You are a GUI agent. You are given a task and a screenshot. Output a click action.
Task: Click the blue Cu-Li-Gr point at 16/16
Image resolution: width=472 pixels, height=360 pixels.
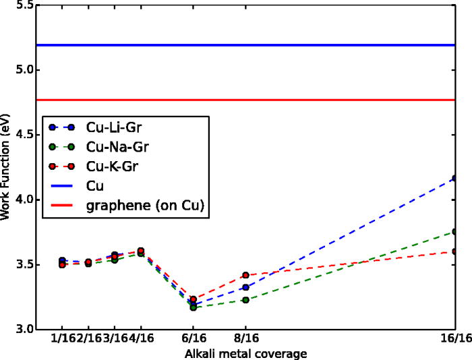tap(456, 179)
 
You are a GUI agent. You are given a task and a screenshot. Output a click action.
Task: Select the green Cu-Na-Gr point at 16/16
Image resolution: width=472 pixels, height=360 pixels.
tap(456, 232)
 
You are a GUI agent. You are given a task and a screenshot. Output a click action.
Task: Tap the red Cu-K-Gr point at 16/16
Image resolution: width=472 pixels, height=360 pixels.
tap(456, 251)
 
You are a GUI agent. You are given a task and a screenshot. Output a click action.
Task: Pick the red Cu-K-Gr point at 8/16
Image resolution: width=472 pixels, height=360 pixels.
tap(245, 275)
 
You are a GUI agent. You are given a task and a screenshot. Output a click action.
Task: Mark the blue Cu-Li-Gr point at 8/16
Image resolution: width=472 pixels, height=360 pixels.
tap(245, 287)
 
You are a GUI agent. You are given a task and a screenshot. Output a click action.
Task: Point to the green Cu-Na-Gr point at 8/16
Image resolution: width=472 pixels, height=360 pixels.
tap(245, 300)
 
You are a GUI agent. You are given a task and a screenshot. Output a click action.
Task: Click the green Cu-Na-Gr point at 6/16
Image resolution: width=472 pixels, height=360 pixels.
tap(193, 307)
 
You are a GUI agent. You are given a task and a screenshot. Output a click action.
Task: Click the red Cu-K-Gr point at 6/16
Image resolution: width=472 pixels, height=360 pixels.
tap(193, 299)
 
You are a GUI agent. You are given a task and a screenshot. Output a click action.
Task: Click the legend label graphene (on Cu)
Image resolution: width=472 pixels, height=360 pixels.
tap(145, 204)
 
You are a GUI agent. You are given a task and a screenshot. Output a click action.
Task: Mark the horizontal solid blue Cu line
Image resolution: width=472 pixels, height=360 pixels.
tap(270, 45)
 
